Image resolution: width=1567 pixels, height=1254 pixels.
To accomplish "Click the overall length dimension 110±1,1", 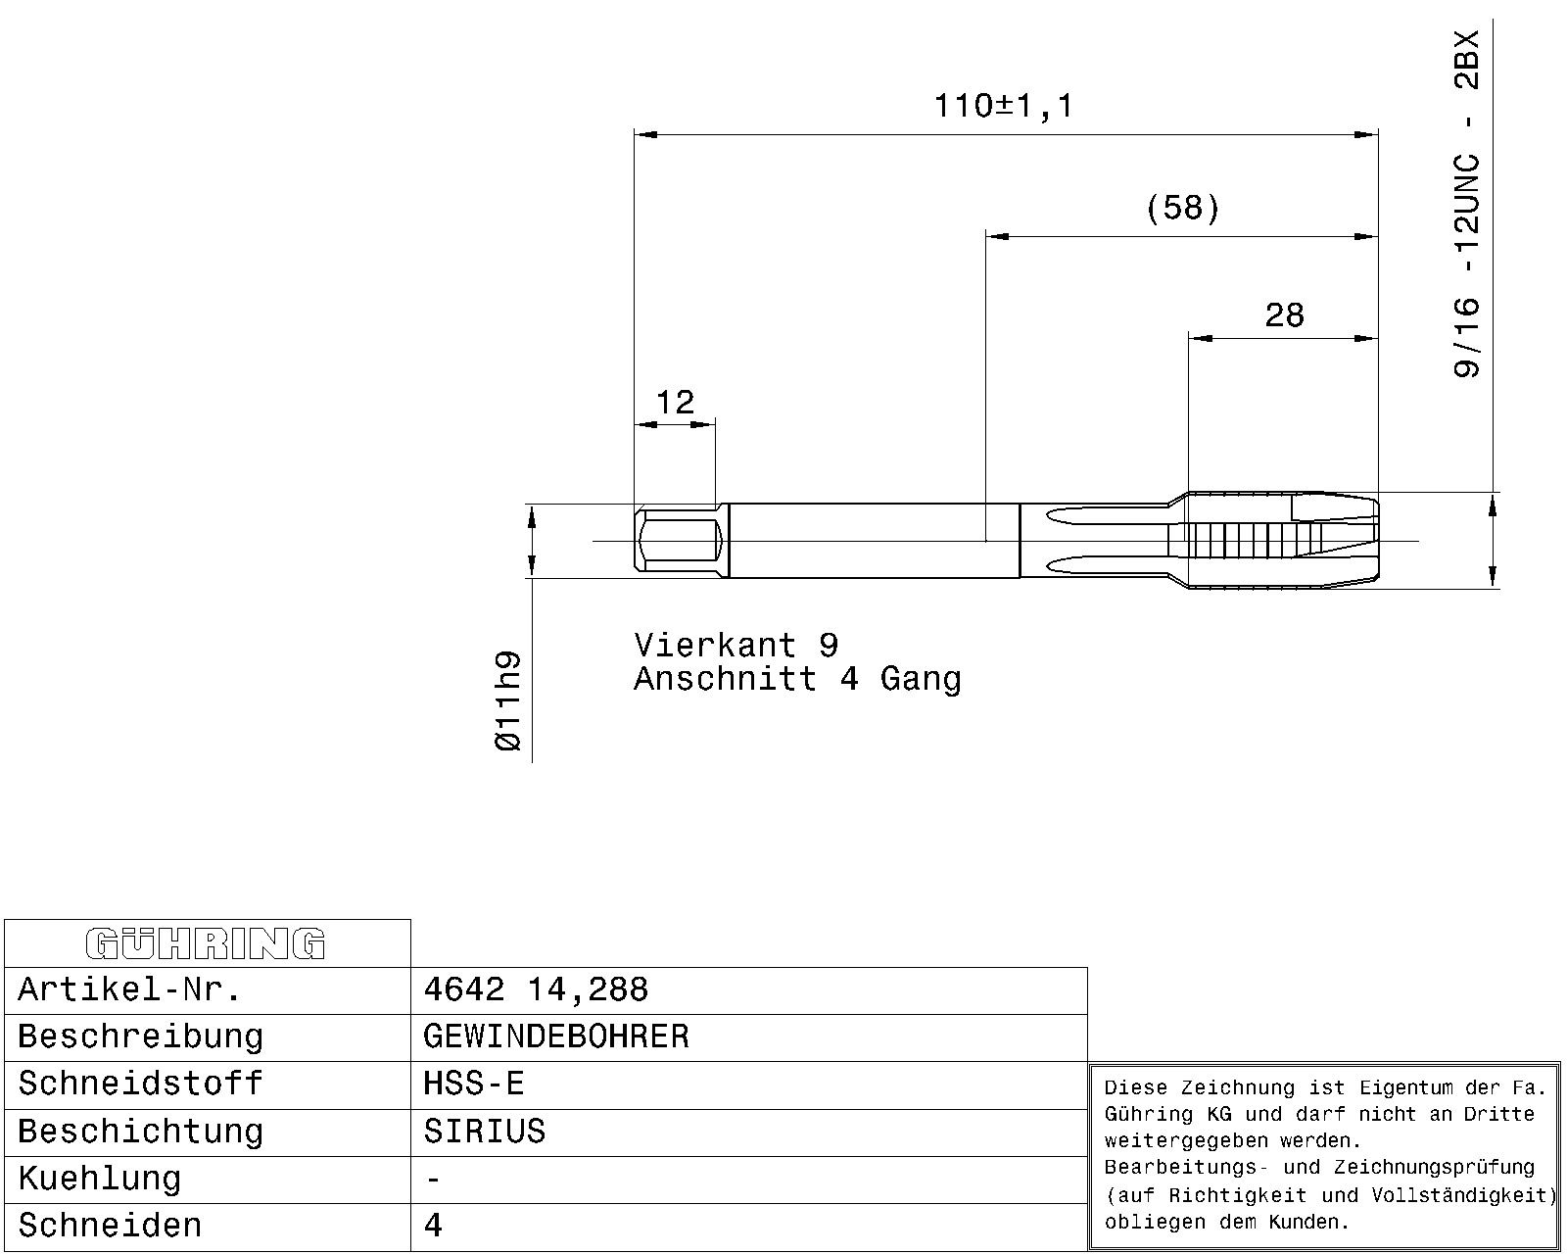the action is (x=1004, y=107).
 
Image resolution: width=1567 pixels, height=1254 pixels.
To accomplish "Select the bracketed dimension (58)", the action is (x=1182, y=209).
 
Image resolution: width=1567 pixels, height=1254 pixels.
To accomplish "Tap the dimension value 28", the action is (x=1285, y=315).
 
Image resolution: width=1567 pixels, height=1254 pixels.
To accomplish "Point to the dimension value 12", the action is (x=675, y=403).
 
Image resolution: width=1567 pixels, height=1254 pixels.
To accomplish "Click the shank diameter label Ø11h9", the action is (x=508, y=700).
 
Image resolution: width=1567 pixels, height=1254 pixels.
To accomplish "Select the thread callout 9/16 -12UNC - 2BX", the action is (x=1467, y=204).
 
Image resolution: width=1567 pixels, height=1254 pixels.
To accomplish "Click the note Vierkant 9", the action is (x=736, y=645).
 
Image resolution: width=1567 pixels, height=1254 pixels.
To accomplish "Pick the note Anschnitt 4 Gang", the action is (x=797, y=679).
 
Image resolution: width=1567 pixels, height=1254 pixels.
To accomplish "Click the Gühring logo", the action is (x=206, y=943).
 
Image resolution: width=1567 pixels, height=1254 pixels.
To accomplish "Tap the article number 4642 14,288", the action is (x=535, y=989).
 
